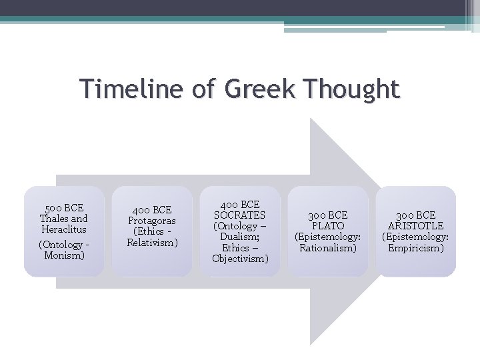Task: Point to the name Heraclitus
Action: click(x=64, y=229)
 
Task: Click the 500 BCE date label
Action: click(x=64, y=207)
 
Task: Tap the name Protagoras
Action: click(x=152, y=219)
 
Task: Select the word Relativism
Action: click(x=152, y=242)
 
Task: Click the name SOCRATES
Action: click(x=239, y=215)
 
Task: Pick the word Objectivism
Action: click(x=240, y=258)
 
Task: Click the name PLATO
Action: click(x=327, y=226)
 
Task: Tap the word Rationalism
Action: click(x=327, y=248)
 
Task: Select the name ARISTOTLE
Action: click(x=416, y=226)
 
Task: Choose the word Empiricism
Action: click(x=416, y=248)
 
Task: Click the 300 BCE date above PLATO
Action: click(x=327, y=215)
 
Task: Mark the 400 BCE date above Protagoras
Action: click(x=152, y=209)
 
